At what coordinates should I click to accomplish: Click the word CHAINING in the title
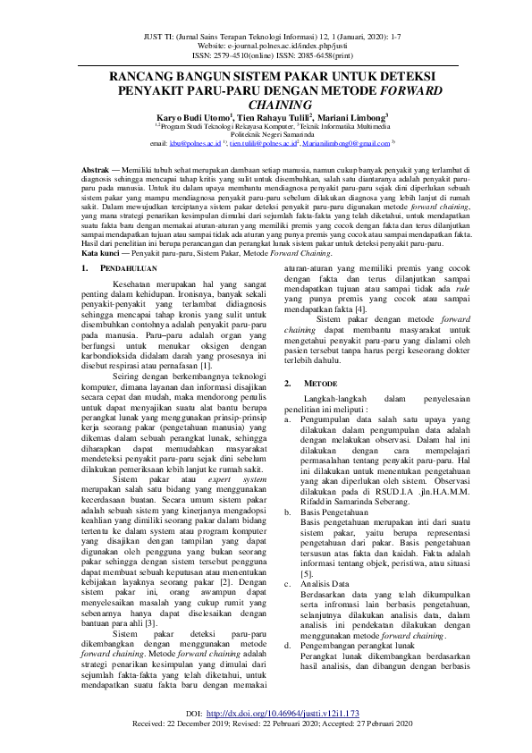[x=266, y=106]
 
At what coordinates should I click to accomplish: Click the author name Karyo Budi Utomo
[x=192, y=117]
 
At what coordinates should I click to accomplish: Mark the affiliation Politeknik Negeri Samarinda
[x=267, y=134]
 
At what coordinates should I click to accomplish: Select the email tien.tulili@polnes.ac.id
[x=262, y=142]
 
